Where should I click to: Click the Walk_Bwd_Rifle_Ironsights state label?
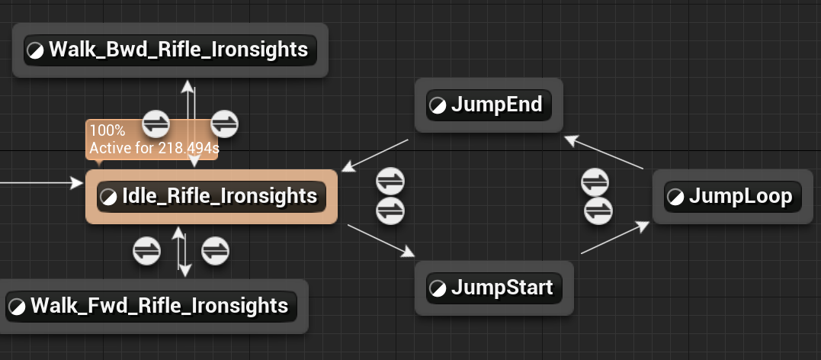[178, 50]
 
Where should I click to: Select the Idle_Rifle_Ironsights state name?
[220, 197]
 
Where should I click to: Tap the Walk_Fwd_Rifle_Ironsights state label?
[159, 307]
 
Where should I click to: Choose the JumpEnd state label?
[496, 104]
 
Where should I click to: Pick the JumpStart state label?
[502, 288]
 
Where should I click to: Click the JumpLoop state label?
[740, 197]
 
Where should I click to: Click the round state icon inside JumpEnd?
[438, 105]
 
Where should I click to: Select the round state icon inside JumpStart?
[438, 289]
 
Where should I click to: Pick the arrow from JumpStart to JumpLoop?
[616, 239]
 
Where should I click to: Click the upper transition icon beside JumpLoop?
[595, 182]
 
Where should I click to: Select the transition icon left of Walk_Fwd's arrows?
[146, 250]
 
